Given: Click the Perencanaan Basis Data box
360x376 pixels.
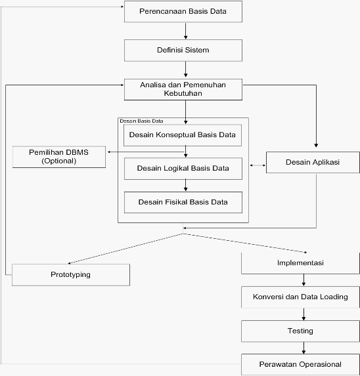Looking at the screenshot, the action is [x=183, y=12].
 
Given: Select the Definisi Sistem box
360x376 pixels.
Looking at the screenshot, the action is [x=183, y=51].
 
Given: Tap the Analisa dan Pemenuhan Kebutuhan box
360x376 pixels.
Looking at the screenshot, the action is [x=183, y=89].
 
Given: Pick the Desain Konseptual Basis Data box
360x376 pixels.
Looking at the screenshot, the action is [x=183, y=135].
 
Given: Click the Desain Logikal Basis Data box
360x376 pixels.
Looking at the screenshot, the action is [x=183, y=169].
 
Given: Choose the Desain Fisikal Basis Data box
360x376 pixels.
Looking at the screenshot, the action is [x=183, y=202].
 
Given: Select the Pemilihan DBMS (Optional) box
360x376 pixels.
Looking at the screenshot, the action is [x=59, y=157].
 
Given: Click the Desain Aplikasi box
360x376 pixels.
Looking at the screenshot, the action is [x=313, y=162].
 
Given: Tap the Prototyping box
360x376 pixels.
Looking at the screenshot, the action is [x=71, y=275].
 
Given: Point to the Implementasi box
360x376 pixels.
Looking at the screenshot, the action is [x=300, y=263].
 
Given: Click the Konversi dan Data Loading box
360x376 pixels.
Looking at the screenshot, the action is [x=300, y=297].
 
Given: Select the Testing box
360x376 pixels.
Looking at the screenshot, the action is [x=300, y=331].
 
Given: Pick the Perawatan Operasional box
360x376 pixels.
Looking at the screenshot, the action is [x=300, y=364].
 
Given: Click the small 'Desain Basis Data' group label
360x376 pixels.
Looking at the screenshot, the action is [x=141, y=121].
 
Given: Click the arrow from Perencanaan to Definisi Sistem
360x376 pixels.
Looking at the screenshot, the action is [x=185, y=31].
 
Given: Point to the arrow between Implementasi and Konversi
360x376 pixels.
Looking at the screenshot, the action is [x=304, y=280].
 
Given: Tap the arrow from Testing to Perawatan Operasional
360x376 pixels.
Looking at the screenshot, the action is [x=304, y=348].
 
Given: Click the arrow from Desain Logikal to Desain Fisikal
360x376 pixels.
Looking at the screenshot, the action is [x=185, y=185].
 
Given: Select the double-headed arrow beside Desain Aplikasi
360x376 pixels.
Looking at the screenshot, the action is [x=258, y=165].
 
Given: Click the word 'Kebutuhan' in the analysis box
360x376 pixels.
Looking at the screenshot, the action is [x=183, y=93].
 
